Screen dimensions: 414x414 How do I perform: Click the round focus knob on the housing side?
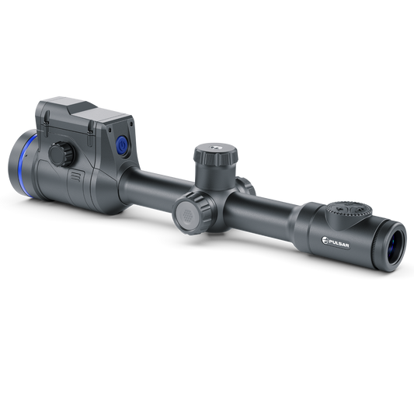click(61, 155)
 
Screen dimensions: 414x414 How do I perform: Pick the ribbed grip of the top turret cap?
click(215, 158)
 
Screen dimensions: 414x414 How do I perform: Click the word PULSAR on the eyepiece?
click(339, 243)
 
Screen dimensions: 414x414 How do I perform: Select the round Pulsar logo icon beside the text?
click(325, 241)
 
